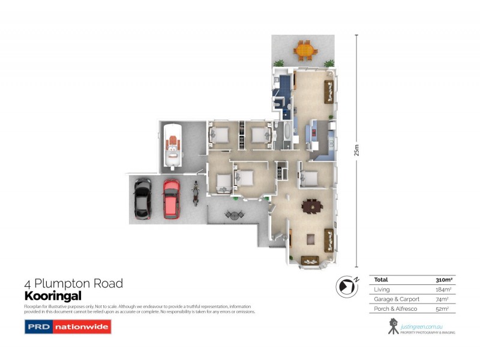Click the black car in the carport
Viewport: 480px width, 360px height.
point(143,199)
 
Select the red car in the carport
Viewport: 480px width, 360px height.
point(171,199)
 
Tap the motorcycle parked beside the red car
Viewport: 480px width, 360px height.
point(195,194)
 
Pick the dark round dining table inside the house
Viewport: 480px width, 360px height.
point(312,206)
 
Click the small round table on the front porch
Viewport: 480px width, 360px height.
point(232,214)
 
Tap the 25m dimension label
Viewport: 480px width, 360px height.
point(358,151)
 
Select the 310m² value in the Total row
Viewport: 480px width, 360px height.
point(443,280)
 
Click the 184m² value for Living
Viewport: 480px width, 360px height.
point(443,290)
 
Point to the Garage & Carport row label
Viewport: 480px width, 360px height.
point(397,299)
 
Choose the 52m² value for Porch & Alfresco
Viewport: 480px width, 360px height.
point(445,308)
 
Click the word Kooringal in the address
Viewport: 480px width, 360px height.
point(52,296)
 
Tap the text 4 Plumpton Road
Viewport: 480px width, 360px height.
point(73,283)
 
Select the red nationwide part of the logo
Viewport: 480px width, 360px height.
point(81,327)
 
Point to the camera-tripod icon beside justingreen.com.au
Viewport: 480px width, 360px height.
point(393,326)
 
